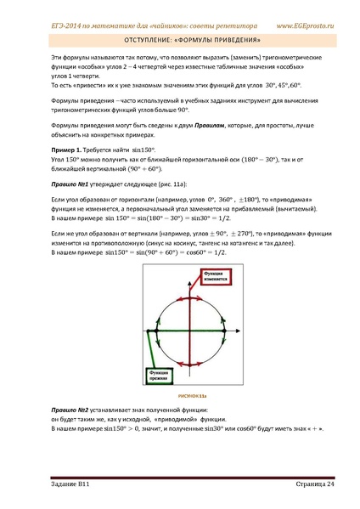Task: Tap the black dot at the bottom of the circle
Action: point(179,368)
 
